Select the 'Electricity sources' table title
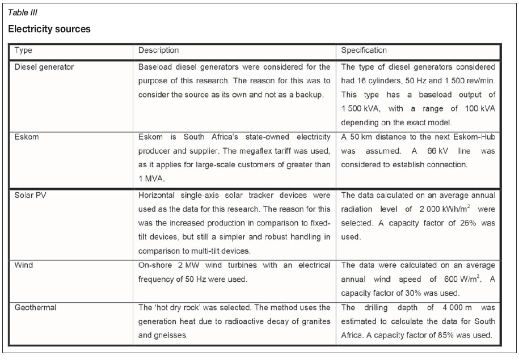coord(49,29)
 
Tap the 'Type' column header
coord(23,50)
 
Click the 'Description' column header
coord(159,50)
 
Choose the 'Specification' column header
coord(364,50)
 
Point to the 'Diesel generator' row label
coord(44,67)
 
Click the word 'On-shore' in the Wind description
coord(154,264)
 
